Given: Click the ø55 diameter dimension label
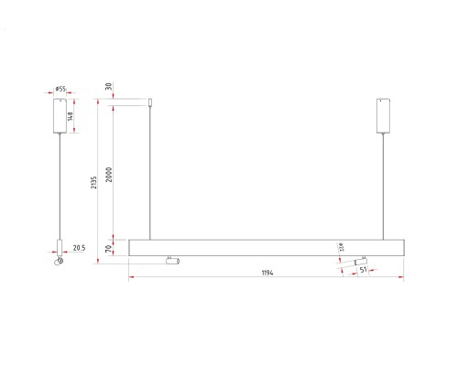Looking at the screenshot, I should click(x=60, y=90).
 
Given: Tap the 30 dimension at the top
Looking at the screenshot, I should click(x=108, y=88).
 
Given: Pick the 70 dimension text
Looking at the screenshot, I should click(x=108, y=248).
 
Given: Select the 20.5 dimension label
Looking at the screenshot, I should click(x=79, y=247).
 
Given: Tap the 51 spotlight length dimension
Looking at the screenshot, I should click(x=364, y=270).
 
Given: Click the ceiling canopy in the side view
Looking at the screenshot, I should click(x=60, y=115).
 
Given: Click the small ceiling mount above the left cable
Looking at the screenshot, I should click(x=151, y=102).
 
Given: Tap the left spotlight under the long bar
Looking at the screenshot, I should click(x=170, y=262).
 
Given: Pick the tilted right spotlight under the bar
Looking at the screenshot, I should click(x=354, y=263).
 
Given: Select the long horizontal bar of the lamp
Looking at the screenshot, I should click(x=266, y=247).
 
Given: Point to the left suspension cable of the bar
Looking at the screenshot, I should click(x=151, y=174).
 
